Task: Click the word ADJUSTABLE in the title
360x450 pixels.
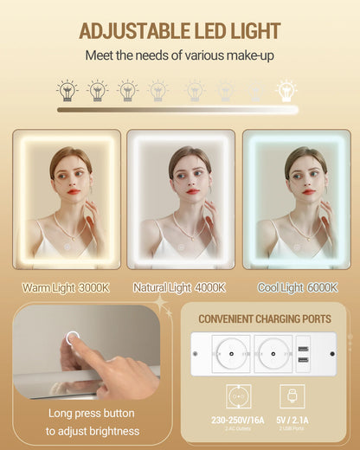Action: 134,30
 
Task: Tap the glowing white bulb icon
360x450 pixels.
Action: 286,90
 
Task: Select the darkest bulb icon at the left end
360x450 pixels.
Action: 67,90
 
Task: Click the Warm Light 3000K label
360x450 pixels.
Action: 66,288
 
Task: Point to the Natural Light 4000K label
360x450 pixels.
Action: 179,288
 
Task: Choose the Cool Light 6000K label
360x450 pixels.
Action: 298,288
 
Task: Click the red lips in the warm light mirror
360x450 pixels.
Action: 74,191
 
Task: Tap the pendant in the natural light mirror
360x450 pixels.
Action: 192,238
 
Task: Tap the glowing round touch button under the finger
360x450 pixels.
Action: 73,338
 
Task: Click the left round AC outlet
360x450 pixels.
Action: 231,353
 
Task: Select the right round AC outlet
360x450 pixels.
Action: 273,353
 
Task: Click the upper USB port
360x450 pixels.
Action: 303,349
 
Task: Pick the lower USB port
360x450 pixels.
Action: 303,360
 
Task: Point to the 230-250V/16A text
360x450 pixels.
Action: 238,420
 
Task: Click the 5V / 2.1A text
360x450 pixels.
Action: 292,420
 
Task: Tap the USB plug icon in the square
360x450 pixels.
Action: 292,396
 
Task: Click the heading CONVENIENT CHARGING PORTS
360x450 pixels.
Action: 265,319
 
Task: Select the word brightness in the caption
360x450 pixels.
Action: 114,431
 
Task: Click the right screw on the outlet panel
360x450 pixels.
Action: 332,354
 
